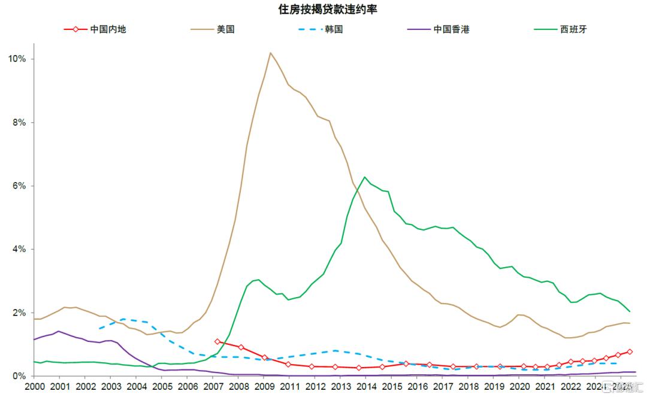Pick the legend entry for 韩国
click(x=334, y=29)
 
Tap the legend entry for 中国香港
click(x=451, y=29)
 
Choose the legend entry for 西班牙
click(x=573, y=29)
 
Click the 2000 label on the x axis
click(x=35, y=387)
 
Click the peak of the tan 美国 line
click(x=270, y=53)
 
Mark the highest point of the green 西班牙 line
click(x=365, y=177)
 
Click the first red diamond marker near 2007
click(x=217, y=341)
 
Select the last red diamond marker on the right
click(x=630, y=352)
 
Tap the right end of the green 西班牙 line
click(x=630, y=311)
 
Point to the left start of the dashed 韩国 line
click(x=99, y=328)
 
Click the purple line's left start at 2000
click(x=34, y=340)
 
